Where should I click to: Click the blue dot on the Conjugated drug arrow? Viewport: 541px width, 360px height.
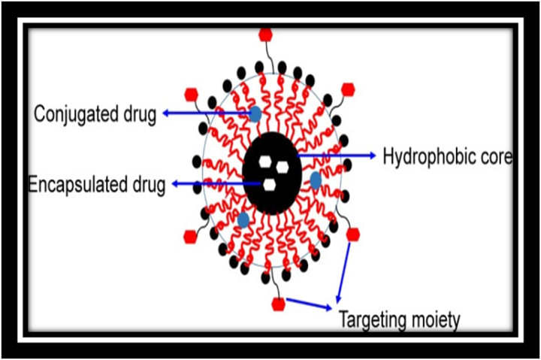pos(255,113)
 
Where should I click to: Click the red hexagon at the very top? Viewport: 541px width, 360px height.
pos(265,35)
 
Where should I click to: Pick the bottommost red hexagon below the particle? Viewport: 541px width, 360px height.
pos(278,304)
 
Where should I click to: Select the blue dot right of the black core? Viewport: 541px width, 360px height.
pos(316,180)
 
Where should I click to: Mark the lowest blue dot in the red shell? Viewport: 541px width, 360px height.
pos(243,219)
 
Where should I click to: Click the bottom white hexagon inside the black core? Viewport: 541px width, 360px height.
pos(269,185)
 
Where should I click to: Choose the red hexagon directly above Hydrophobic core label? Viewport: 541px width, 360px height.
pos(347,89)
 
